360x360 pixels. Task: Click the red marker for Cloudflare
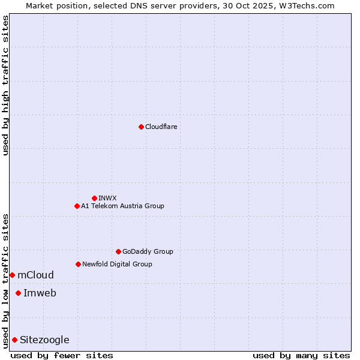tap(141, 127)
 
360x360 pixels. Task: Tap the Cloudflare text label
tap(161, 127)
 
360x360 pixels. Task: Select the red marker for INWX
tap(94, 198)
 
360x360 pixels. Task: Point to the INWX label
tap(107, 198)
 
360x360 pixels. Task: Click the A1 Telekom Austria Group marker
tap(77, 206)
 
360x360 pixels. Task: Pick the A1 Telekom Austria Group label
tap(122, 206)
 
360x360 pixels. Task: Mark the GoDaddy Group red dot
tap(118, 251)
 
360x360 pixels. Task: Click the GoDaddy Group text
tap(148, 251)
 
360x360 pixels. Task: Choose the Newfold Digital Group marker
tap(78, 264)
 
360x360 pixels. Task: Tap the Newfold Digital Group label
tap(117, 264)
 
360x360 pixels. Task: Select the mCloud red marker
tap(12, 275)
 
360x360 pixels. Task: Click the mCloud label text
tap(35, 275)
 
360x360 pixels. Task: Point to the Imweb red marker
tap(18, 293)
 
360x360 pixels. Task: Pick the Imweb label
tap(40, 293)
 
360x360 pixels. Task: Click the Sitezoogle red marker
tap(14, 340)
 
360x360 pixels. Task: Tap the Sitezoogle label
tap(44, 340)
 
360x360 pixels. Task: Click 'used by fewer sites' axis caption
tap(62, 355)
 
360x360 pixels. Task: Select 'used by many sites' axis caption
tap(301, 355)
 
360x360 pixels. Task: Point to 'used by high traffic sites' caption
tap(5, 85)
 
